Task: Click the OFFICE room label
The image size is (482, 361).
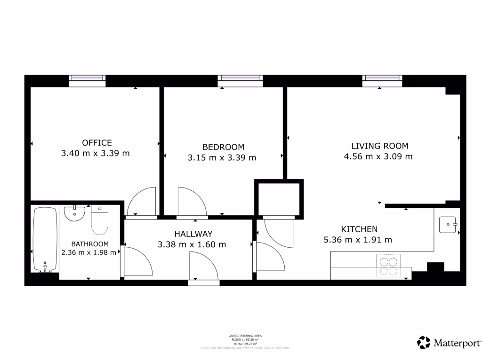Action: pos(97,143)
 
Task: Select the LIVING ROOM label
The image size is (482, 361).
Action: pos(379,146)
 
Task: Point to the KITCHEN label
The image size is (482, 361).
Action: pos(359,229)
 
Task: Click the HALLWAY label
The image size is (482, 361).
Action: pos(193,234)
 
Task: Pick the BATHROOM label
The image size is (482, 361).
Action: pos(90,244)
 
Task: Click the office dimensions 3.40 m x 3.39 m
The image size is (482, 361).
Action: pos(96,153)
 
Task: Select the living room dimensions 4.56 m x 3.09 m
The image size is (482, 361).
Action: pos(378,157)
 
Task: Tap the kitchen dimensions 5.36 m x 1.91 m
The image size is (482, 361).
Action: pos(358,240)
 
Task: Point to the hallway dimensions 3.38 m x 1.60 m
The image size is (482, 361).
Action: pos(192,244)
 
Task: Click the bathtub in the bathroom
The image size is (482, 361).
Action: pos(45,239)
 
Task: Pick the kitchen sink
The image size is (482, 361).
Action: pos(448,225)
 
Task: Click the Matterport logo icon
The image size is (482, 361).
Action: pos(424,342)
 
